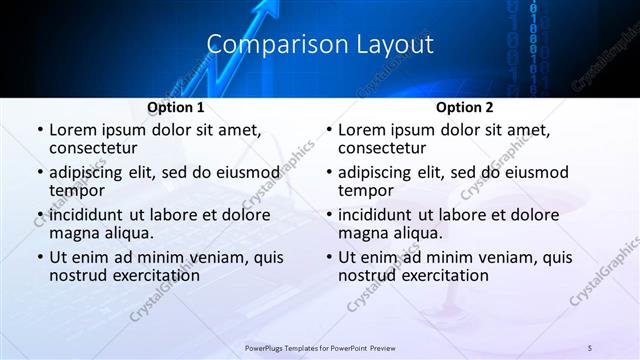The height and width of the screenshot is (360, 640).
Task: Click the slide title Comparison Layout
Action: click(x=320, y=45)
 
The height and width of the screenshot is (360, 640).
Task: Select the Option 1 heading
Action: click(x=175, y=107)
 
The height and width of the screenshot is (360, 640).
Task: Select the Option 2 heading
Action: click(x=464, y=107)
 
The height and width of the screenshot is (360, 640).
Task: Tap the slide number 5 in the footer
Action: click(x=590, y=346)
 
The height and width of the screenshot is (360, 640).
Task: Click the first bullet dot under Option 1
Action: click(x=39, y=131)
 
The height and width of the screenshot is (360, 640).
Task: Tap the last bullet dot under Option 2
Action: click(x=328, y=257)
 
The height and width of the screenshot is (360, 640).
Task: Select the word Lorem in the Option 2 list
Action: click(x=361, y=130)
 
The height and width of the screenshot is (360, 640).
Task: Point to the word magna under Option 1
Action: click(x=73, y=233)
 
